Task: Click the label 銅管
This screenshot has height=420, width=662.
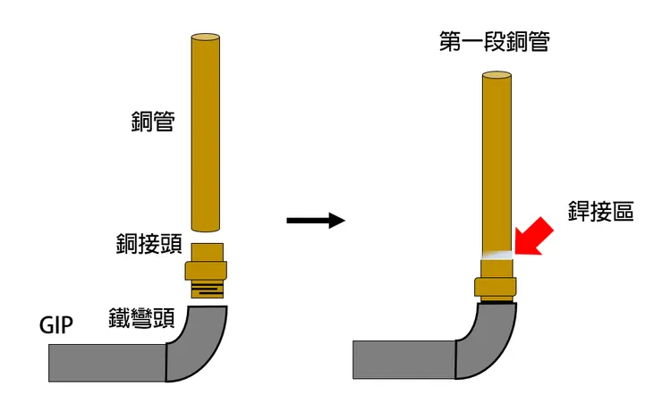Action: pyautogui.click(x=153, y=122)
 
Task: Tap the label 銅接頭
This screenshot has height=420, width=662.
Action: pyautogui.click(x=149, y=243)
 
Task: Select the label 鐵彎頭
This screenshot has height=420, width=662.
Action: pyautogui.click(x=142, y=318)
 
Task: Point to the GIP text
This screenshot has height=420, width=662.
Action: pyautogui.click(x=56, y=325)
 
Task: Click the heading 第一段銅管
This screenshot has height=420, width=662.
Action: pyautogui.click(x=495, y=41)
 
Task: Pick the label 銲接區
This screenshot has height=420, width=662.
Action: pyautogui.click(x=601, y=211)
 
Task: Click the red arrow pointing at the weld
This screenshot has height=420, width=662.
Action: pyautogui.click(x=534, y=237)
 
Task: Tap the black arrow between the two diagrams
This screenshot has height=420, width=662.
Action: pyautogui.click(x=316, y=220)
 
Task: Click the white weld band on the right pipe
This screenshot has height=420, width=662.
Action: pyautogui.click(x=497, y=255)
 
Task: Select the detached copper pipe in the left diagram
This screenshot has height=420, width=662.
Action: pyautogui.click(x=206, y=133)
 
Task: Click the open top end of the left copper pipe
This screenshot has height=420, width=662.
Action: pyautogui.click(x=206, y=38)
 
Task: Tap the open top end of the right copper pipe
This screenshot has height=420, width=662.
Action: pyautogui.click(x=496, y=75)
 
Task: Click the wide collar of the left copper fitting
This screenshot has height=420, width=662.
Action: pyautogui.click(x=206, y=270)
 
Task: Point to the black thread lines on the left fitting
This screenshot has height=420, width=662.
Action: pyautogui.click(x=207, y=290)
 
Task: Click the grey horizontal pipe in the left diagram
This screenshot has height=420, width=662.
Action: pyautogui.click(x=107, y=363)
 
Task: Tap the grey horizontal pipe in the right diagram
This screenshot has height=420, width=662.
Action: pyautogui.click(x=404, y=360)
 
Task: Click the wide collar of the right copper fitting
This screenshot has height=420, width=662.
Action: pyautogui.click(x=496, y=287)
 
